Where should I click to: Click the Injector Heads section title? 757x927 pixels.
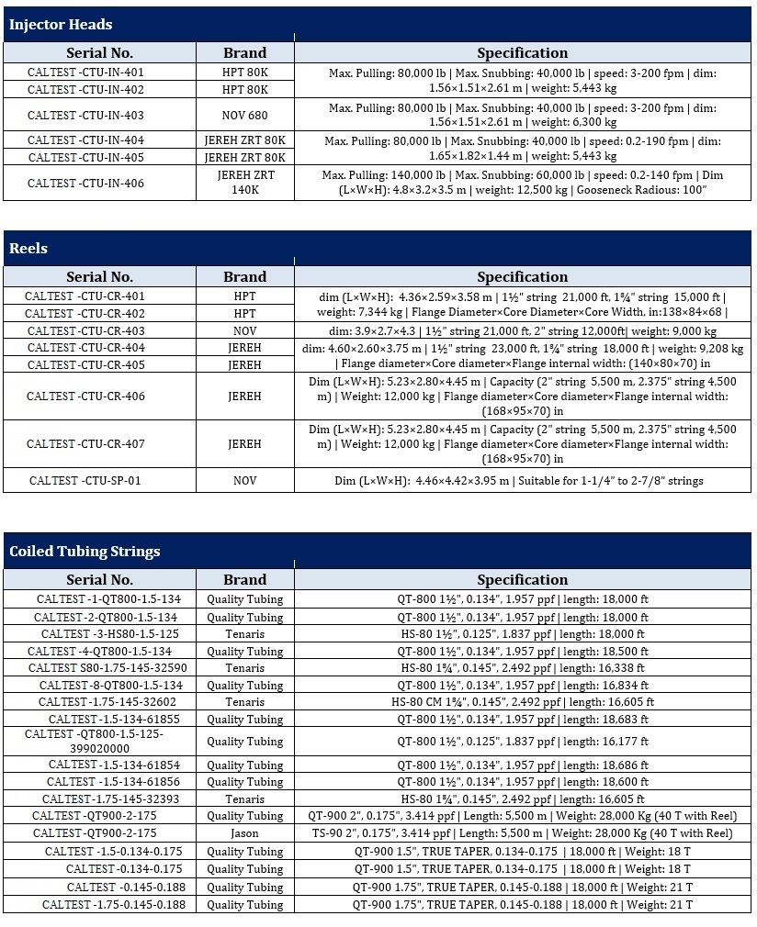(x=61, y=25)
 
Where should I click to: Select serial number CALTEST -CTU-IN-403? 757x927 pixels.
(x=85, y=116)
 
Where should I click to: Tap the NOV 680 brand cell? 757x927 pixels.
(x=244, y=116)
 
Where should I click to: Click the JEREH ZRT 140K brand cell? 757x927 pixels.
(x=244, y=183)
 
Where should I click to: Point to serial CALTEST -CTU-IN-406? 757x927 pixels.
(x=85, y=184)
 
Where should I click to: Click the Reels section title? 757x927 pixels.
(x=28, y=249)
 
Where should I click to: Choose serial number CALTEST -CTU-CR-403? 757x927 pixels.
(x=85, y=330)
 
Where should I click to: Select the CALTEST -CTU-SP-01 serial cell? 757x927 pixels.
(x=85, y=480)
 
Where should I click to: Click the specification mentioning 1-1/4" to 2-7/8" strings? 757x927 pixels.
(x=521, y=480)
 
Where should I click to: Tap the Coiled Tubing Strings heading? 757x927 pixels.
(x=85, y=552)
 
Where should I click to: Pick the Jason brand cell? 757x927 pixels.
(x=244, y=833)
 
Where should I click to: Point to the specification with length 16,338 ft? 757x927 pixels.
(x=521, y=668)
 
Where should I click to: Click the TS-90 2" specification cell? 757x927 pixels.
(x=521, y=833)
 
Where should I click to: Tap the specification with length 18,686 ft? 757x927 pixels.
(x=521, y=765)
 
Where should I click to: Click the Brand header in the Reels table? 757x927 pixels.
(x=244, y=276)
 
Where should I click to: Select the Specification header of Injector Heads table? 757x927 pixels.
(x=522, y=52)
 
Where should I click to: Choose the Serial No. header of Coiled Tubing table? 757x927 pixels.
(x=99, y=579)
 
